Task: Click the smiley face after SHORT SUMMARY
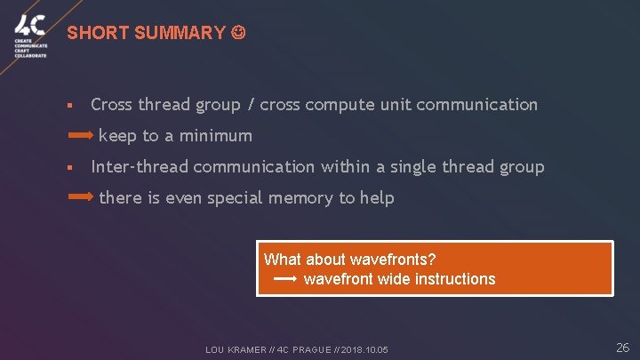[x=237, y=34]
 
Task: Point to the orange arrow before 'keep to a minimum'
[x=81, y=136]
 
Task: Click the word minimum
[x=218, y=136]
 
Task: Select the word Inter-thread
[x=140, y=167]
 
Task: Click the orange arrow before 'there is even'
[x=81, y=197]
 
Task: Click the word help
[x=377, y=197]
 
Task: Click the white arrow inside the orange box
[x=284, y=279]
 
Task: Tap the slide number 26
[x=622, y=348]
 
